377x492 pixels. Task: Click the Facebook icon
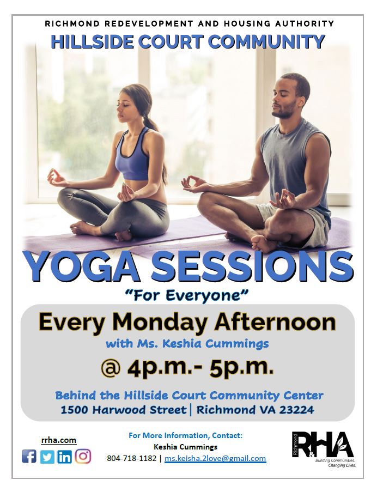[29, 457]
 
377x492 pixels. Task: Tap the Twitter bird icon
[47, 457]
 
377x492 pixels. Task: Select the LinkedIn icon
[65, 457]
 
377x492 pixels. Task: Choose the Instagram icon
[83, 456]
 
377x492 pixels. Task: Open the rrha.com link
[59, 440]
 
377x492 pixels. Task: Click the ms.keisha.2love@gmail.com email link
[215, 458]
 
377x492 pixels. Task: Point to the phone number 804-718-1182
[132, 458]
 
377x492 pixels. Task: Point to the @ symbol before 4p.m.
[111, 369]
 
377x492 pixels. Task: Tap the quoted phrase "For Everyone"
[187, 295]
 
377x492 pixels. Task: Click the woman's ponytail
[151, 119]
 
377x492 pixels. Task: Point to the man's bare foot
[262, 244]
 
